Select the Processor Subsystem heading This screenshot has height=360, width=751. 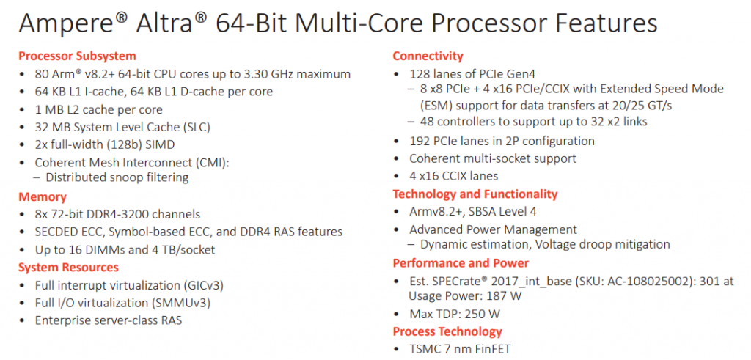coord(77,56)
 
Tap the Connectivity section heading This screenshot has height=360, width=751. coord(428,56)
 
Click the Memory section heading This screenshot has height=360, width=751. coord(43,196)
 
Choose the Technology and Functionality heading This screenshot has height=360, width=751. coord(475,194)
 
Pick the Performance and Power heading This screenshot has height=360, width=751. coord(461,263)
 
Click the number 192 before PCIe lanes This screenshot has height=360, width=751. coord(420,141)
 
